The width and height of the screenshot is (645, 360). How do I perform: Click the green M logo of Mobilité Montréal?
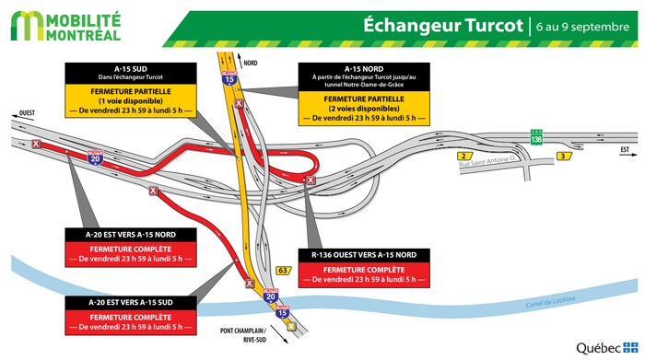tap(27, 27)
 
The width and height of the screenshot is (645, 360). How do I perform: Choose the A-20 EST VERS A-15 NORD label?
tap(129, 236)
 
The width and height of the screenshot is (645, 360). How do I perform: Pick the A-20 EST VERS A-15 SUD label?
tap(129, 302)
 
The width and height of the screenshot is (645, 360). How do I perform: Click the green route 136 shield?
tap(534, 137)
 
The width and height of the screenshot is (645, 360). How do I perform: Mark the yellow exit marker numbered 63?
tap(287, 270)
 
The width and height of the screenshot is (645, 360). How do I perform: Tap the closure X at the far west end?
tap(36, 145)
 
